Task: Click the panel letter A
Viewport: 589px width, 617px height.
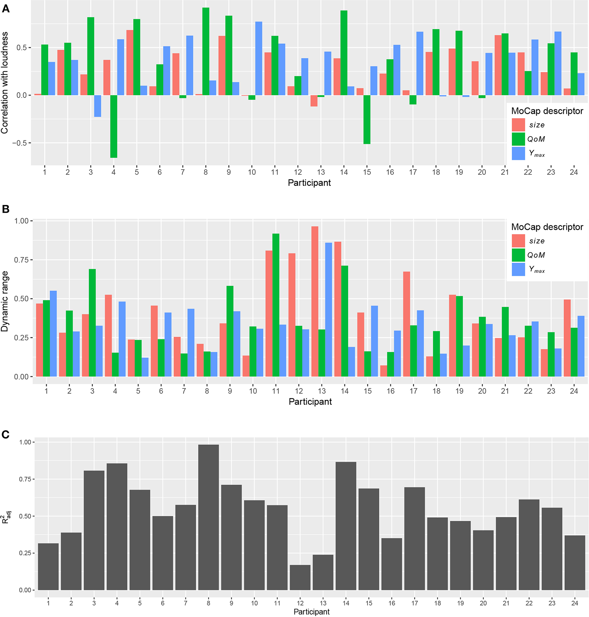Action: (5, 9)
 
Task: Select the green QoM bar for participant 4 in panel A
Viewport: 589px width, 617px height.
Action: (114, 126)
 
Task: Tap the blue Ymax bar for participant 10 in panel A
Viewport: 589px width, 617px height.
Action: (258, 58)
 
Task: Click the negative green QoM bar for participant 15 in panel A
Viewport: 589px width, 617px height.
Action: (367, 120)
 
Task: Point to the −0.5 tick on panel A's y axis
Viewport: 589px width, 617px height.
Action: (20, 143)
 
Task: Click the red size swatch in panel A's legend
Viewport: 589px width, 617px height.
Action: (518, 125)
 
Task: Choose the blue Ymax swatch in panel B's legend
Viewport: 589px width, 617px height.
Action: (518, 269)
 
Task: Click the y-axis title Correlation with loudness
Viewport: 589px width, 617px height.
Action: (4, 83)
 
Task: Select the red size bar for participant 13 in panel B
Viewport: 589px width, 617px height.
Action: (315, 301)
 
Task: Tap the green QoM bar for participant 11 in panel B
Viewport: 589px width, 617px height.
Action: (276, 305)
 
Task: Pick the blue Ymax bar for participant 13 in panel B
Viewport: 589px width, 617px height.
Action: (329, 309)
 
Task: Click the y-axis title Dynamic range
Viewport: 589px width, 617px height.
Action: (4, 301)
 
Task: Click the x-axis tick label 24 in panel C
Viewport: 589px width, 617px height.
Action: (575, 603)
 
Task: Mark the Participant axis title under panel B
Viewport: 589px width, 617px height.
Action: (310, 401)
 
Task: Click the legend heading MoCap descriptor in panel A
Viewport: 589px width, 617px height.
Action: (547, 111)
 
